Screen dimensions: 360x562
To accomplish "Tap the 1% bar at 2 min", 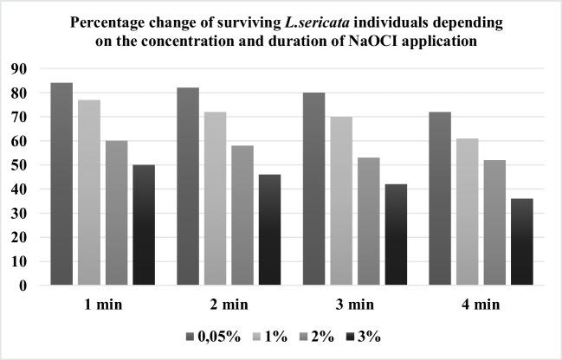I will click(x=216, y=198).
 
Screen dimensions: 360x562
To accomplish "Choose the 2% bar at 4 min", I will click(x=494, y=222).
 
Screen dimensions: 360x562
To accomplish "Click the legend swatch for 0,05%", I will click(x=189, y=337).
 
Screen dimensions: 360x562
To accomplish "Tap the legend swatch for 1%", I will click(x=259, y=337).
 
